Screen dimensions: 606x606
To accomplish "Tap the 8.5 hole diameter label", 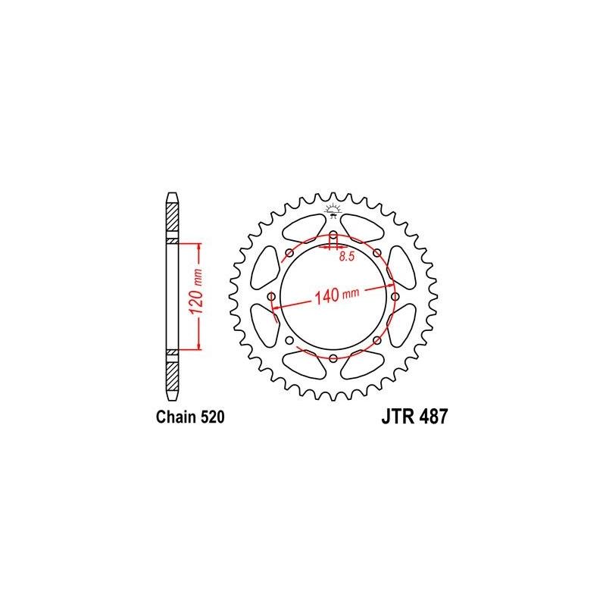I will click(x=347, y=258).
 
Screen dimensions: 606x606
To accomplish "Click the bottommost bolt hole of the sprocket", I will click(x=333, y=357).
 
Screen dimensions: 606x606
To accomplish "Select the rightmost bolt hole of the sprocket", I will click(x=395, y=296).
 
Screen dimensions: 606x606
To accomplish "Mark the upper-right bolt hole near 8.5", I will click(x=376, y=252).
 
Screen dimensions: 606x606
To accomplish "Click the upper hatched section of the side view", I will click(x=173, y=220).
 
